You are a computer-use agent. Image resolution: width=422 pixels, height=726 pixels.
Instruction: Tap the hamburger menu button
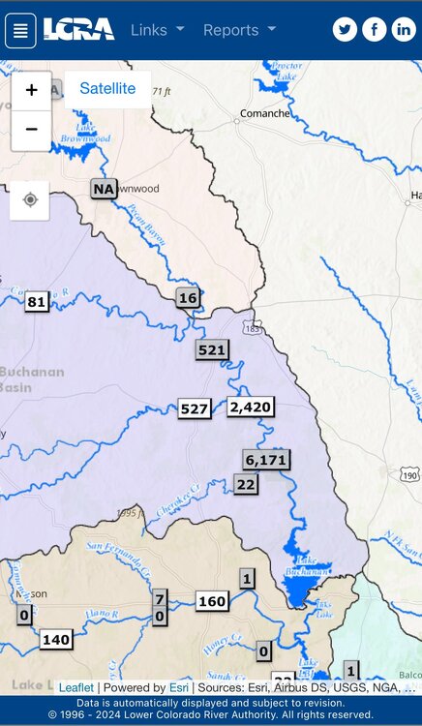pyautogui.click(x=21, y=30)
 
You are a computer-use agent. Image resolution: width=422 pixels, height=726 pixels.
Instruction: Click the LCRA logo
pyautogui.click(x=79, y=30)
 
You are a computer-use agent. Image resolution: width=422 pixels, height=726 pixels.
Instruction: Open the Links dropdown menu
pyautogui.click(x=157, y=30)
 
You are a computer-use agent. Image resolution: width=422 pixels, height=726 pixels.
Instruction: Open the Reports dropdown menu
pyautogui.click(x=239, y=30)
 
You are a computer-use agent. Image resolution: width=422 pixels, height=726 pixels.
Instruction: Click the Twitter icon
pyautogui.click(x=345, y=30)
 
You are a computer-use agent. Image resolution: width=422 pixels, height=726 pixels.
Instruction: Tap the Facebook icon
pyautogui.click(x=374, y=30)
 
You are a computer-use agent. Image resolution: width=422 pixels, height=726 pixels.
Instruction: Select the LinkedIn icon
pyautogui.click(x=404, y=30)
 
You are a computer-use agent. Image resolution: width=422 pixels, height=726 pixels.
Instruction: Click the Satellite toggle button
pyautogui.click(x=107, y=89)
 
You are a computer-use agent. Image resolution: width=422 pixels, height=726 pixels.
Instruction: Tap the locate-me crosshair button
pyautogui.click(x=30, y=200)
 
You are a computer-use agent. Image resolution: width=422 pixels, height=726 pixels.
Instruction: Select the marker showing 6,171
pyautogui.click(x=266, y=460)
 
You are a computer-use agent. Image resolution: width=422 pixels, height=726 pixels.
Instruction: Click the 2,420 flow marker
pyautogui.click(x=251, y=407)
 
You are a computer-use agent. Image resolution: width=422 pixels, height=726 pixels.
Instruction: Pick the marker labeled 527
pyautogui.click(x=195, y=409)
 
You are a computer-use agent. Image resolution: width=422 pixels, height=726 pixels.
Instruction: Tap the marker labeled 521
pyautogui.click(x=212, y=350)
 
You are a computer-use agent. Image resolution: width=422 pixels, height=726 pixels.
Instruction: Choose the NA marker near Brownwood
pyautogui.click(x=105, y=189)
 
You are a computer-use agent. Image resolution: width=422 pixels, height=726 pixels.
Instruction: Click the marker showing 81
pyautogui.click(x=37, y=302)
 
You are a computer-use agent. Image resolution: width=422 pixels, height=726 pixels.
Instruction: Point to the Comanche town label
pyautogui.click(x=264, y=113)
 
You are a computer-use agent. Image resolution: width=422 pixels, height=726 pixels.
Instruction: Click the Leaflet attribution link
pyautogui.click(x=76, y=687)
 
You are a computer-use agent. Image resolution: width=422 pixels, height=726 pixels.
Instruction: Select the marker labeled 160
pyautogui.click(x=212, y=601)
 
